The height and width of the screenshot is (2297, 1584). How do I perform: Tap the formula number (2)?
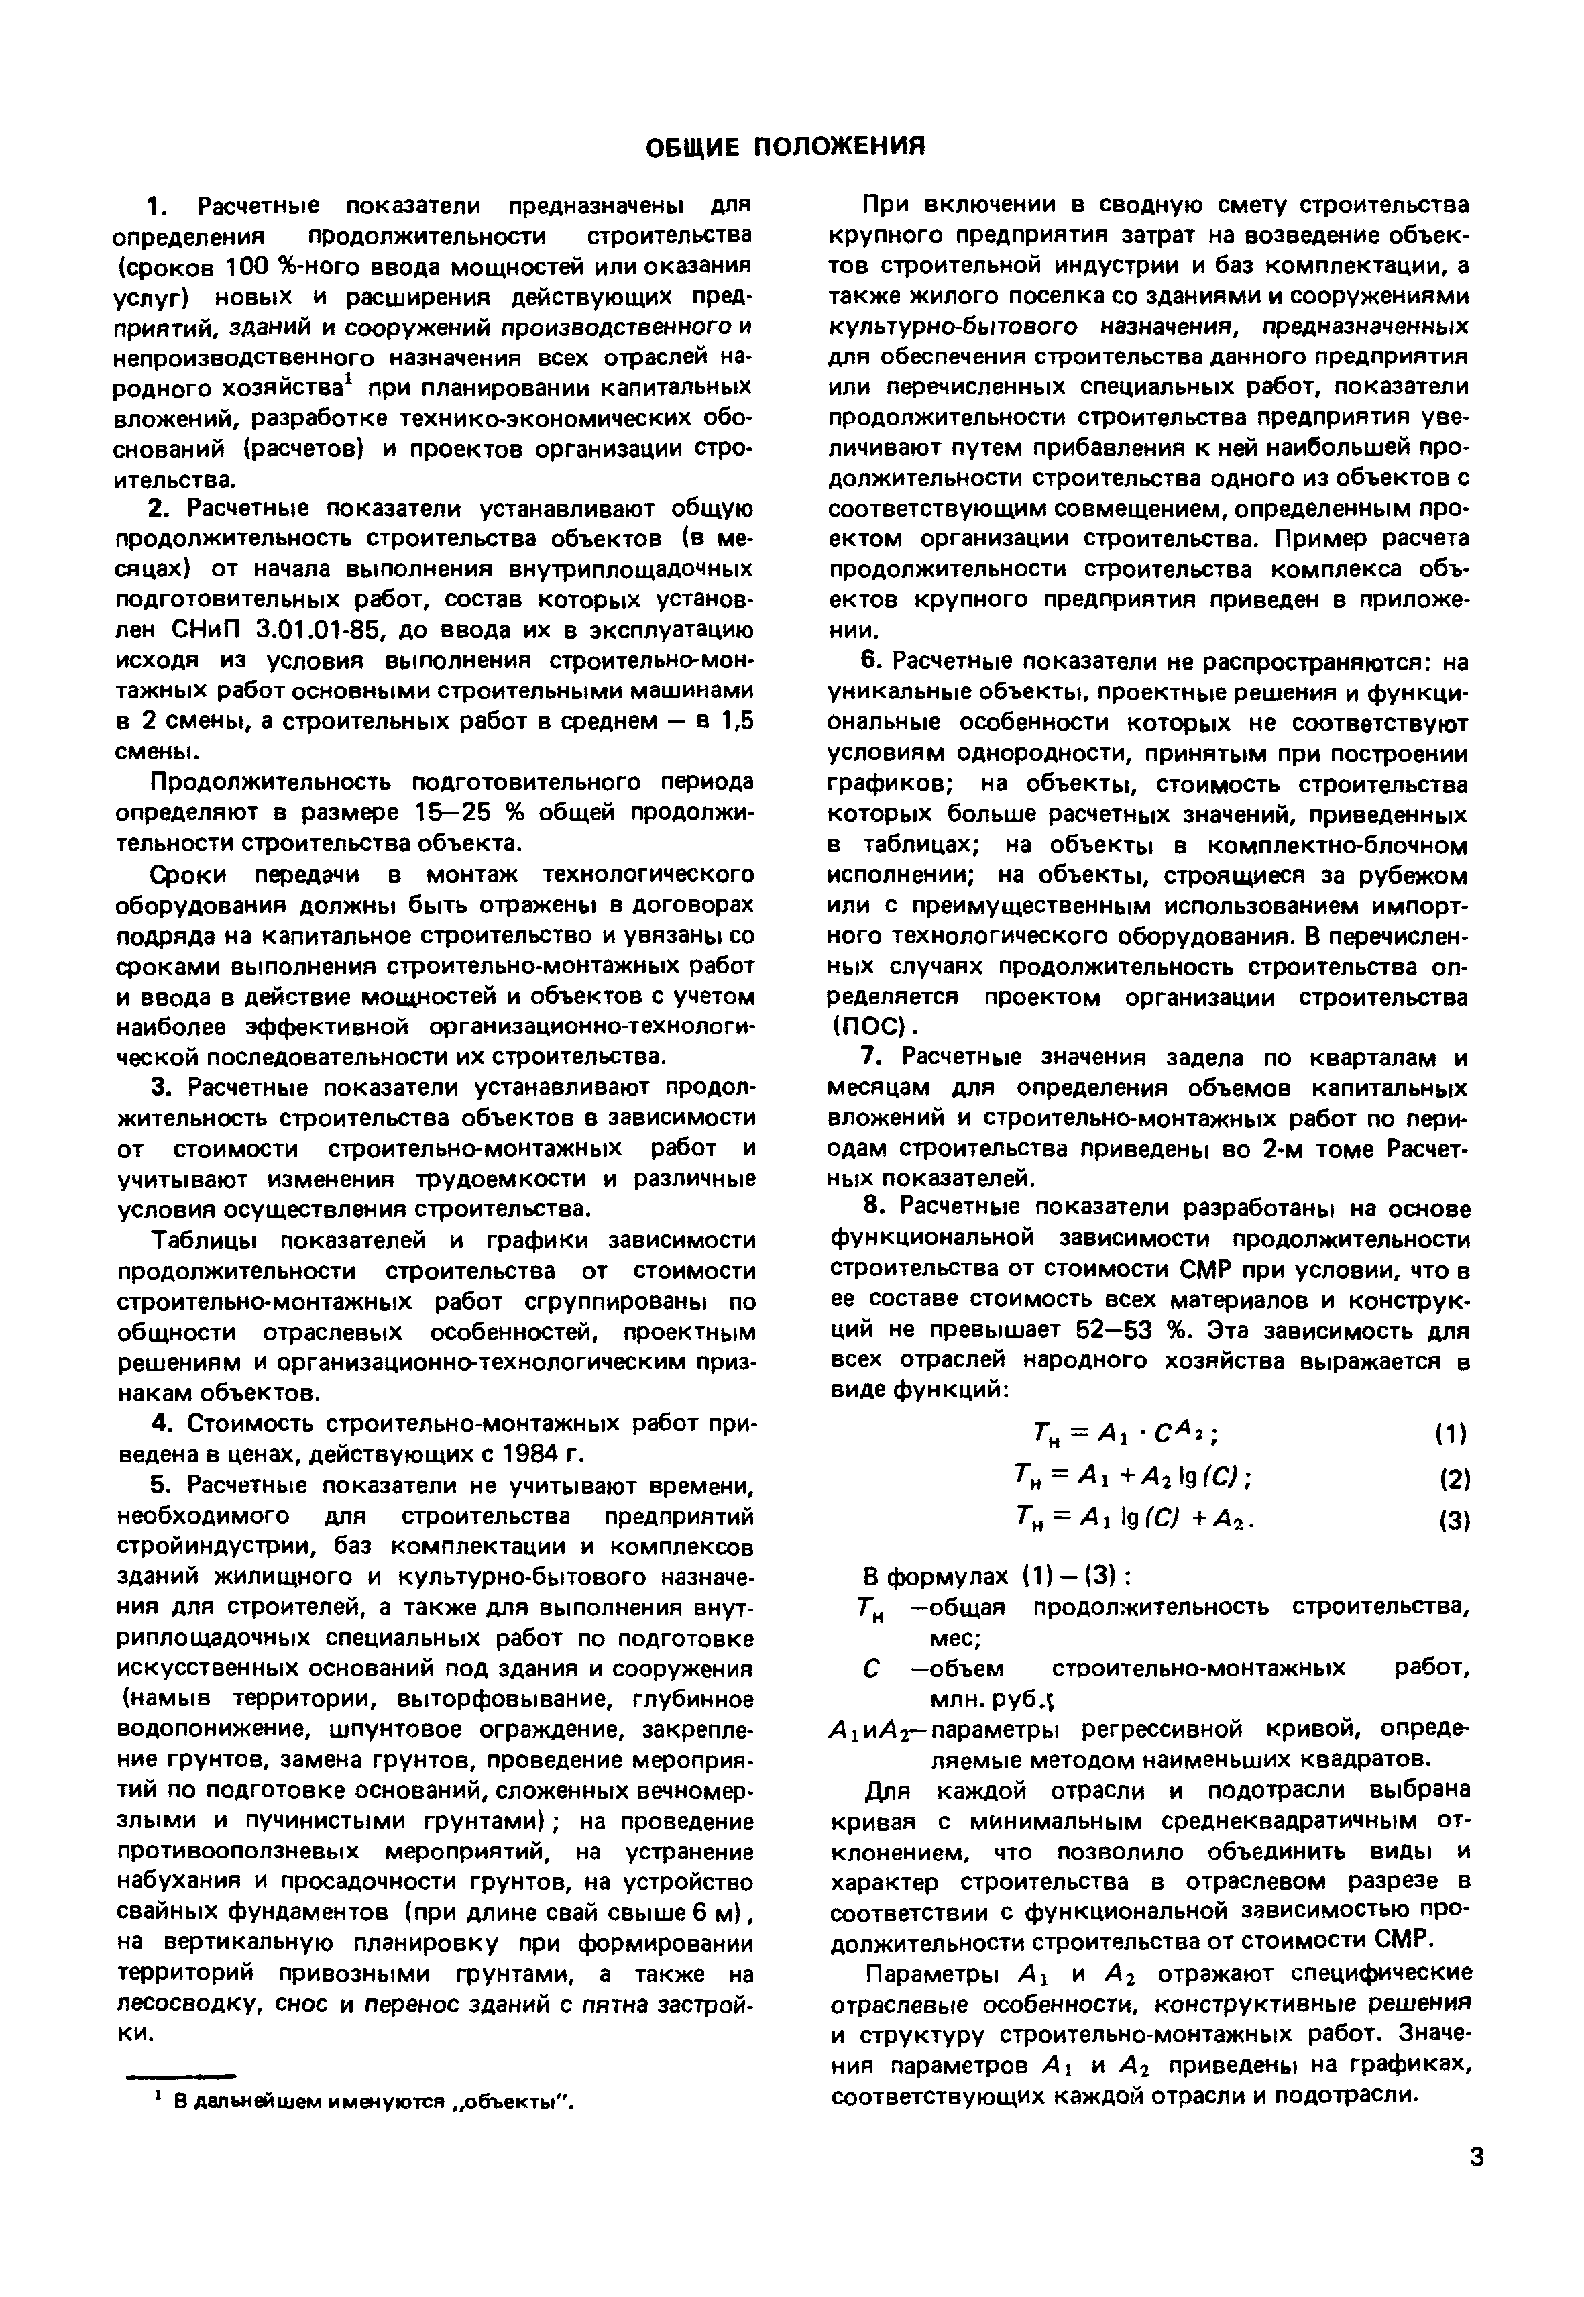pyautogui.click(x=1452, y=1479)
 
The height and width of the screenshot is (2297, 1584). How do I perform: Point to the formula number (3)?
pyautogui.click(x=1452, y=1521)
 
